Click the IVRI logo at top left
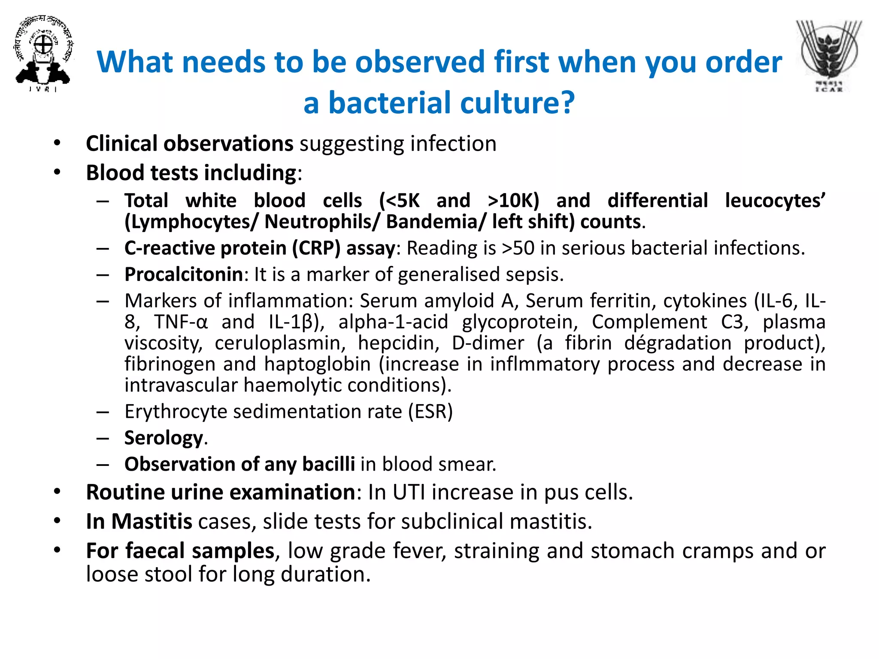coord(43,54)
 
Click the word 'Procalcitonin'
coord(184,275)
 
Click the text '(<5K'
coord(399,201)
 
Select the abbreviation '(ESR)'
coord(430,411)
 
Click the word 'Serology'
coord(164,438)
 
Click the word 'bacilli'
coord(328,464)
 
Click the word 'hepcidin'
coord(399,343)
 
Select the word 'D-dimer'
coord(488,343)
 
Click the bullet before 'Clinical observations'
coord(57,143)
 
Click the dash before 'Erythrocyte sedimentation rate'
coord(103,412)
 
